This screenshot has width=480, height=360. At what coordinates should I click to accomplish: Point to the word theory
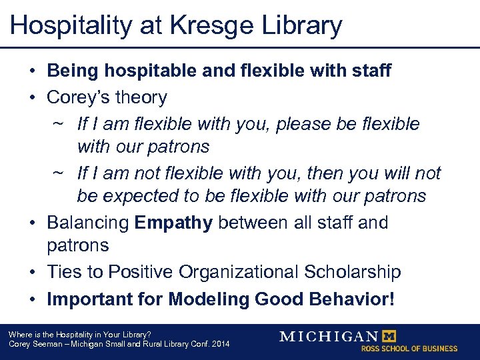pyautogui.click(x=141, y=97)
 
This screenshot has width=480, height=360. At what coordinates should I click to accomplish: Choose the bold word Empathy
pyautogui.click(x=173, y=222)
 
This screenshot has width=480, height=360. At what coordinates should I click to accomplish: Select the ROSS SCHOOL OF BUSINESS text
pyautogui.click(x=409, y=349)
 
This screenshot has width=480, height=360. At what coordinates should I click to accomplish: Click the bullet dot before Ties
pyautogui.click(x=33, y=273)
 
